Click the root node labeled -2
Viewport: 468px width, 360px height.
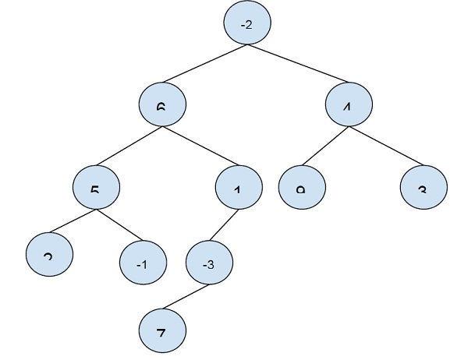246,25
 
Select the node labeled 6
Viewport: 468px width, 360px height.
161,104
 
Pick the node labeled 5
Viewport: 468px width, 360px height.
96,188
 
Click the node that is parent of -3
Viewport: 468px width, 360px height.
237,188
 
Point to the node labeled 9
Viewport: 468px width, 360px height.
301,188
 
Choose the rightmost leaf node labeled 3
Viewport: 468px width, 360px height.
424,188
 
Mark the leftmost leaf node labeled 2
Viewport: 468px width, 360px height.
48,255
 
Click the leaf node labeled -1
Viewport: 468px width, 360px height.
143,264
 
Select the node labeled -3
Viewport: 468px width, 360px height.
209,264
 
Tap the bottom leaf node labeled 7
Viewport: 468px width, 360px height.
162,332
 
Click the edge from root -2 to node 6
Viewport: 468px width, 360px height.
204,65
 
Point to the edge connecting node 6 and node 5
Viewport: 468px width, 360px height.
129,146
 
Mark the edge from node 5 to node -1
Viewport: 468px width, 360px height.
119,226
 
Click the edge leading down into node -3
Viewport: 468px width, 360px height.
223,226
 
